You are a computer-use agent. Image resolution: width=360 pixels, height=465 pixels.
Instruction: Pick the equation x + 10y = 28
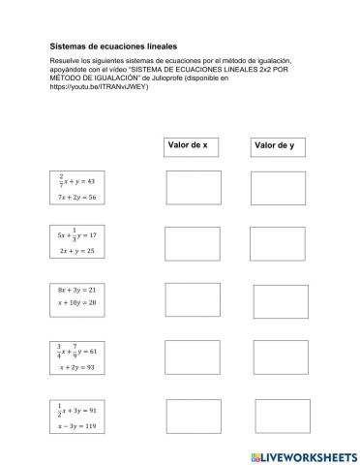[x=79, y=304]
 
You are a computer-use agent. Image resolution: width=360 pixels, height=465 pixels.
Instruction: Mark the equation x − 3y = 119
[x=80, y=425]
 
